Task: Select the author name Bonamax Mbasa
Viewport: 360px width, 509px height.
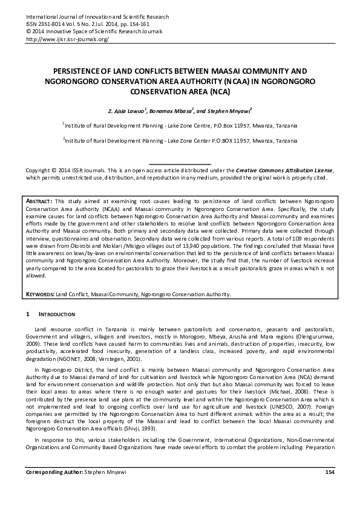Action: [x=185, y=111]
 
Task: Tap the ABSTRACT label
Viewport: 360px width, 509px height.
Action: [x=40, y=200]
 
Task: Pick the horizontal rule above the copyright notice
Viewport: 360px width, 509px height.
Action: [x=180, y=164]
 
